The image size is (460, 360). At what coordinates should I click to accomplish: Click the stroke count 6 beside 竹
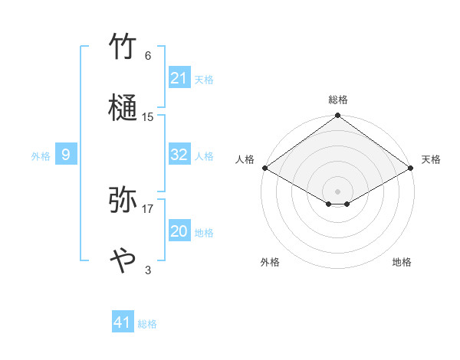coord(148,56)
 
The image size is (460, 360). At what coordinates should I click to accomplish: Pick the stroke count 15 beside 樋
coord(148,117)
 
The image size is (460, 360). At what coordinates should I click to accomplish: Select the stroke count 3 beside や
coord(148,270)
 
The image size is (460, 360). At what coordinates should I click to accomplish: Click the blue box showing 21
coord(179,78)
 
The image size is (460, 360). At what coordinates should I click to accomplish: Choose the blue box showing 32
coord(179,155)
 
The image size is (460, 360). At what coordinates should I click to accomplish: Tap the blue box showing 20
coord(179,231)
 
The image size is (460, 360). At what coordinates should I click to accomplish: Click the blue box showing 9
coord(66,155)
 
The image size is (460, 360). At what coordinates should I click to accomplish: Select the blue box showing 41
coord(123,322)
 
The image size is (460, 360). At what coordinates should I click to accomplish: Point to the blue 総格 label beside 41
coord(147,324)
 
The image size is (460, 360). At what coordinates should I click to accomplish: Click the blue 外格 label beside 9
coord(41,156)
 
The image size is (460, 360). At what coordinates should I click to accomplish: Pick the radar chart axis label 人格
coord(245,159)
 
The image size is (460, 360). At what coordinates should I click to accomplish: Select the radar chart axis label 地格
coord(402,262)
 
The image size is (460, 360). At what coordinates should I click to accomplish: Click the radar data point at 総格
coord(337,116)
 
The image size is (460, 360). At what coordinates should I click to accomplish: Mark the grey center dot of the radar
coord(337,191)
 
